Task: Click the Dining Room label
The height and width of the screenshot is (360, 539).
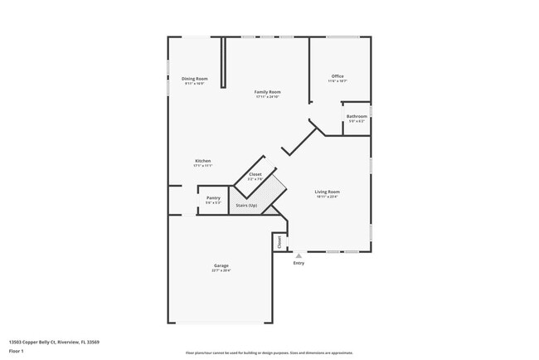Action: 195,78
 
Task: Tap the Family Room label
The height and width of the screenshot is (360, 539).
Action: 267,91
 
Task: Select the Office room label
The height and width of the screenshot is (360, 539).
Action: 337,76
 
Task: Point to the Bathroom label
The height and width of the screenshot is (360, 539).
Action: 357,116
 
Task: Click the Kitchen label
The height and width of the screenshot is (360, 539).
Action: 203,160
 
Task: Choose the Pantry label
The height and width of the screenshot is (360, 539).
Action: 213,197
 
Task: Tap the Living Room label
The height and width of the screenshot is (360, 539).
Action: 328,192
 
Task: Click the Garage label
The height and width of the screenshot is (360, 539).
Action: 221,265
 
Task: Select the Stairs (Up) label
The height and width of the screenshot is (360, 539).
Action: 247,205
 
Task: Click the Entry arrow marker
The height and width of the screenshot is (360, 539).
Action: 299,255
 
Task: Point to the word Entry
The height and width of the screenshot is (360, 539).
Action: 299,264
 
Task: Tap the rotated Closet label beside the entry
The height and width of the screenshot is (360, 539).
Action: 279,241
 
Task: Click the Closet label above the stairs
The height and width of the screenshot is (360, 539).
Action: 255,174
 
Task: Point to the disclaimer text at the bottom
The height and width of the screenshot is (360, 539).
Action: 269,353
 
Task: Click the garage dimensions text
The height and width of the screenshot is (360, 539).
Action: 221,270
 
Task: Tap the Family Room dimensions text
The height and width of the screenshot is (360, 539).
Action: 267,97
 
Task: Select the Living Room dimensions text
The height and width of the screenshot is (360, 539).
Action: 328,197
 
